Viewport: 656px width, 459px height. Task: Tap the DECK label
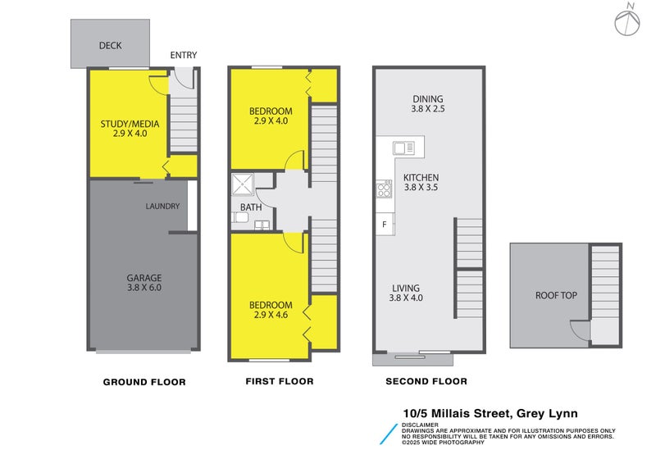point(110,46)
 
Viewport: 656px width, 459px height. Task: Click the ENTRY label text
point(183,56)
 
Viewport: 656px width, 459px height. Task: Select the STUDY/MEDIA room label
point(130,124)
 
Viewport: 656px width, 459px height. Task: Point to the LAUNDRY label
point(162,206)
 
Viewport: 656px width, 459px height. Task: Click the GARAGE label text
point(143,278)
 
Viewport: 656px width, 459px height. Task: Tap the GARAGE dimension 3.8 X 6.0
point(143,289)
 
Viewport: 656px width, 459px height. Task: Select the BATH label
point(251,207)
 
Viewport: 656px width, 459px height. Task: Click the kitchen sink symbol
point(403,148)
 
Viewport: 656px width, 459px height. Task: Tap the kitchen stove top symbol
point(384,190)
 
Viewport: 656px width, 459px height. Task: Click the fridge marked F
point(384,224)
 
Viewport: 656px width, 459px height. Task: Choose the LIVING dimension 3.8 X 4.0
point(406,298)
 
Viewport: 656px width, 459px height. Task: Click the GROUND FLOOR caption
point(144,382)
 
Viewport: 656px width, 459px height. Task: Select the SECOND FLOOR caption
point(426,382)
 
